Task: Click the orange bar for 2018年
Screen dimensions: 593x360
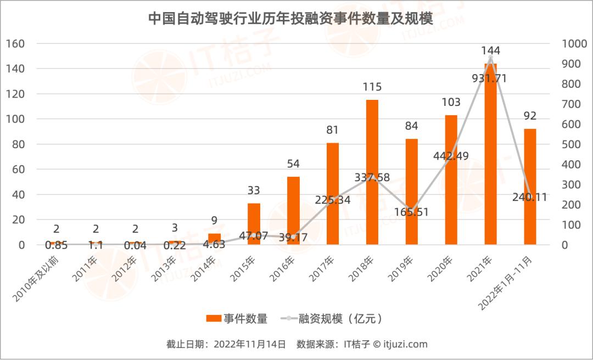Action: [x=372, y=172]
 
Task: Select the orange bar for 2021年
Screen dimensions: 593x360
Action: [x=490, y=154]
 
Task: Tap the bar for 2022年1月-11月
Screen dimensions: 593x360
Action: [x=530, y=187]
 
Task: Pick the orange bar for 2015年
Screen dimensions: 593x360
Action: [x=254, y=224]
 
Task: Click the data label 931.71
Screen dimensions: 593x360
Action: [x=489, y=78]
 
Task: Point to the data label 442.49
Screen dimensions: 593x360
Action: [x=451, y=156]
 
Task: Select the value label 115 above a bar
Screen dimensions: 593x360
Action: [x=372, y=87]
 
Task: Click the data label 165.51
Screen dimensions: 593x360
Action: [x=411, y=212]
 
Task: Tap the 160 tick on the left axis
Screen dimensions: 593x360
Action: [x=15, y=43]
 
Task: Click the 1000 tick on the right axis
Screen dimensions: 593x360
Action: [x=574, y=43]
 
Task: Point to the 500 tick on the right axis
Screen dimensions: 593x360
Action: [x=571, y=144]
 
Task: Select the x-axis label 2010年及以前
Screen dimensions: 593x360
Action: [x=36, y=279]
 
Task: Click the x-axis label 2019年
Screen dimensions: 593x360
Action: [x=401, y=269]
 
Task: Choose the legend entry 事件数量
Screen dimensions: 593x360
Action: [x=237, y=318]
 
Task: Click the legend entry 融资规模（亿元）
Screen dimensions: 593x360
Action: [x=332, y=318]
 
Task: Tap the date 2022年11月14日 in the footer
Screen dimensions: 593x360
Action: [x=250, y=344]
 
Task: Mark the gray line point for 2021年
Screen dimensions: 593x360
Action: [x=490, y=58]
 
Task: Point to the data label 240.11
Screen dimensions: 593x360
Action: [x=530, y=197]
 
